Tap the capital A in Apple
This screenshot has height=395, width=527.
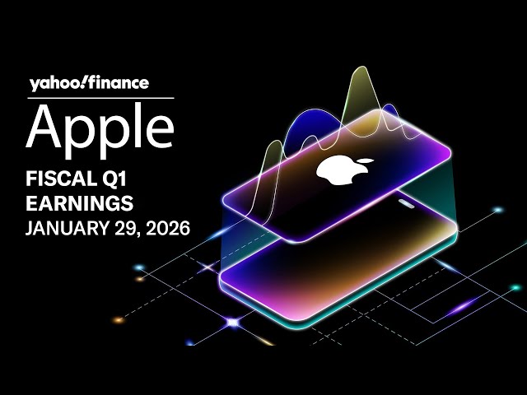44,125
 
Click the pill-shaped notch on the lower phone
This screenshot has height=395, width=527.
408,203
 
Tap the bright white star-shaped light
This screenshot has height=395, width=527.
232,323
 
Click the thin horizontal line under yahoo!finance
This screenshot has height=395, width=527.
100,98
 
